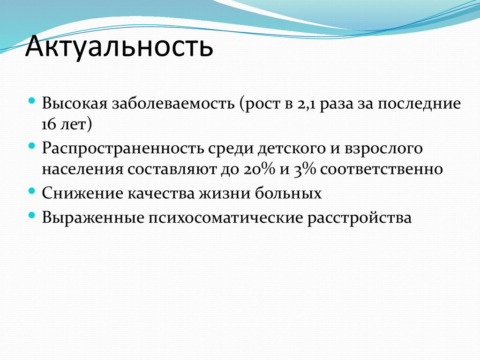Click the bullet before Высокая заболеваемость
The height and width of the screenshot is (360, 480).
coord(31,101)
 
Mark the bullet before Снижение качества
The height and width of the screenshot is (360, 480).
coord(31,191)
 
